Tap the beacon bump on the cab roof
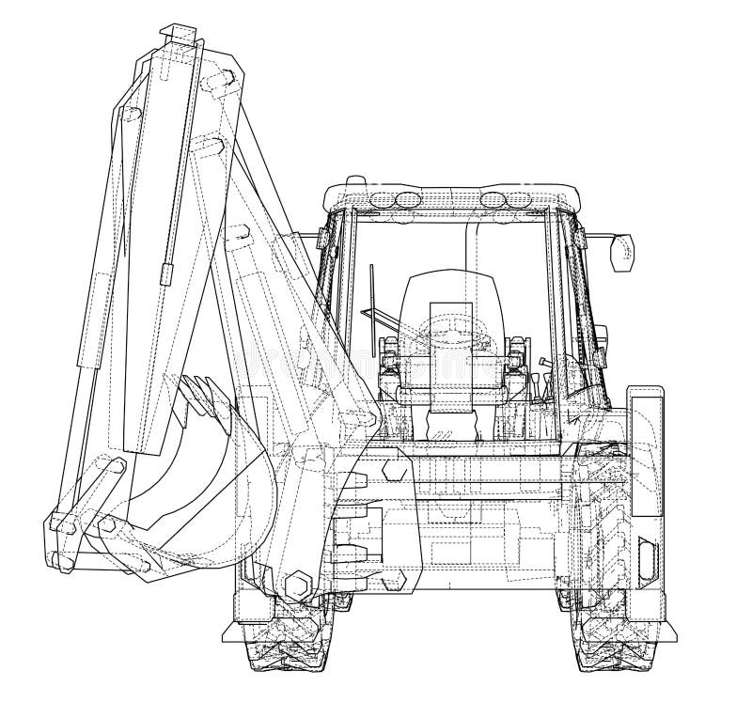[x=353, y=179]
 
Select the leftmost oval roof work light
[x=383, y=199]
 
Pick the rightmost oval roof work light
[x=518, y=199]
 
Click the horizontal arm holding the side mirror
[x=597, y=237]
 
